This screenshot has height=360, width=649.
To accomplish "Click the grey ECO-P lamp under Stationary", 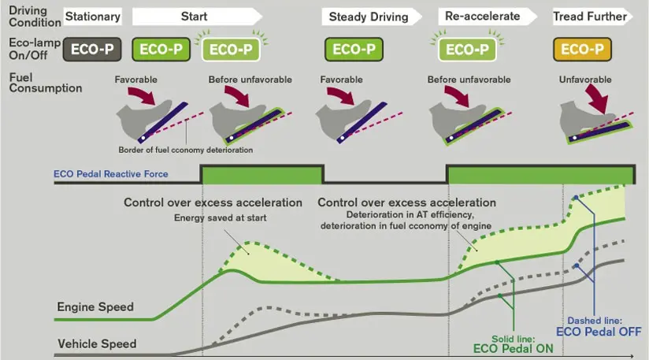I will (93, 50).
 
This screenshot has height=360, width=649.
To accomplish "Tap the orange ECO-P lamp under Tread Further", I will (582, 50).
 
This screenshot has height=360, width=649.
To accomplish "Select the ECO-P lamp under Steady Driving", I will (351, 50).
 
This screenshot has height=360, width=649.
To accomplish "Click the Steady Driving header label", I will (369, 17).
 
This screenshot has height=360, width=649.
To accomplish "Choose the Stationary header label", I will (93, 17).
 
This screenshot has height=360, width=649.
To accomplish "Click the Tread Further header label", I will (590, 17).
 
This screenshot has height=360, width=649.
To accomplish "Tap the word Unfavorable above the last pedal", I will (584, 80).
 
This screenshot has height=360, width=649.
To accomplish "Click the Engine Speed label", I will (95, 306).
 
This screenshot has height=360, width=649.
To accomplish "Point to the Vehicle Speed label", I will (96, 343).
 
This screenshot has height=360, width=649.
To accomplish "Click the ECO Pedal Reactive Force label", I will (111, 174).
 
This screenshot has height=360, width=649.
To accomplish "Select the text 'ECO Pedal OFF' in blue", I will (599, 332).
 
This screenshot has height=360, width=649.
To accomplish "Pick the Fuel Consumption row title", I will (35, 83).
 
